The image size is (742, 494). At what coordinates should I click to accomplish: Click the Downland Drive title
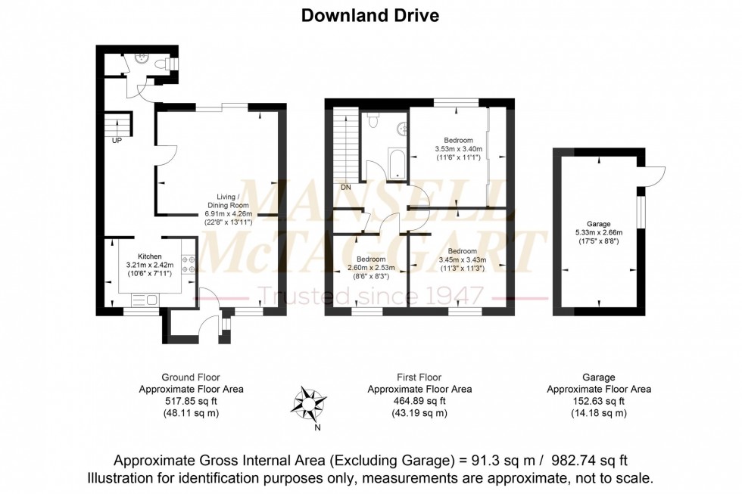[x=370, y=16]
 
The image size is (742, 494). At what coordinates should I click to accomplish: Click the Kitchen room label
[x=150, y=256]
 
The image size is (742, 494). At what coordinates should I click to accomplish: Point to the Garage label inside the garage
[x=598, y=224]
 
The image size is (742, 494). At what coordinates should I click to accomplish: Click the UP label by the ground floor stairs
[x=117, y=141]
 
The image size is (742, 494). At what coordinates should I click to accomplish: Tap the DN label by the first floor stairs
[x=344, y=187]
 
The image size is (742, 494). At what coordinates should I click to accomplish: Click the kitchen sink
[x=148, y=300]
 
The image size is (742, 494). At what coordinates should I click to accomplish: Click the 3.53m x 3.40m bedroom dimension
[x=458, y=150]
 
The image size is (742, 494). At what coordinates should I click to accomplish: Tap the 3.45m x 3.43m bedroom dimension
[x=458, y=259]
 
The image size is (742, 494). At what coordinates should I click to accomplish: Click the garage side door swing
[x=654, y=176]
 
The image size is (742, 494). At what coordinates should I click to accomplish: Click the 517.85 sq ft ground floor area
[x=191, y=401]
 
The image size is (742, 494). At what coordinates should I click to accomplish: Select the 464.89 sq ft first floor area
[x=419, y=401]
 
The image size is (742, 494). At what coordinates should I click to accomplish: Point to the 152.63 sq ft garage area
[x=598, y=401]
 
